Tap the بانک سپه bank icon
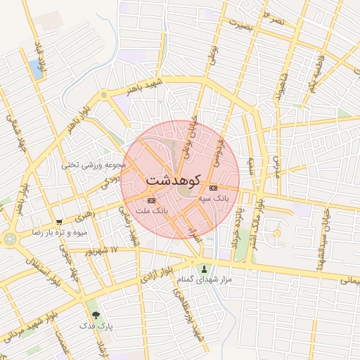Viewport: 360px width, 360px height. [x=214, y=188]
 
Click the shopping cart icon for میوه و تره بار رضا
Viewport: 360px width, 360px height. [x=59, y=222]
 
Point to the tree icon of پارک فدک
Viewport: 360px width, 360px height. [x=96, y=315]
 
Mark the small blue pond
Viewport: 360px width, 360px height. [x=35, y=69]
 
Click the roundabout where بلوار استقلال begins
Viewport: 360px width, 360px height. [x=10, y=239]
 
